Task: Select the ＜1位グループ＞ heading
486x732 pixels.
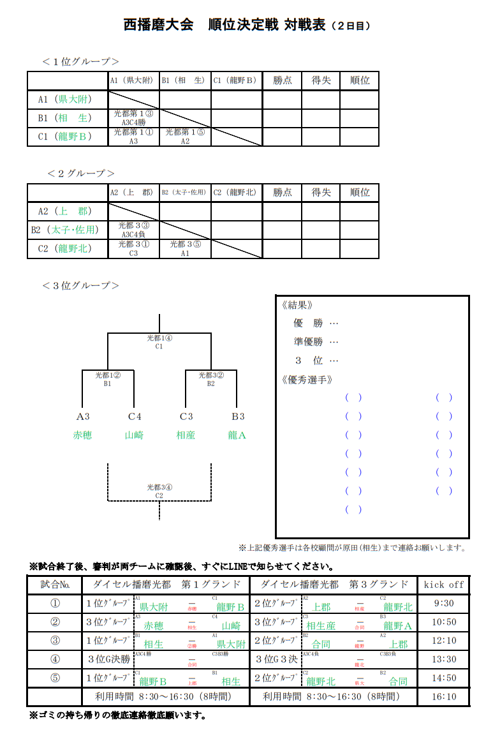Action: [81, 61]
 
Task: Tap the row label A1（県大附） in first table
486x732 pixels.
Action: [64, 100]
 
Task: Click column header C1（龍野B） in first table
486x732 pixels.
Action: [235, 81]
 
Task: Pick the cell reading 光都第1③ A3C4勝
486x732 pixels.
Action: [133, 118]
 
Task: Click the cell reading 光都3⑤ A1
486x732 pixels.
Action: [185, 248]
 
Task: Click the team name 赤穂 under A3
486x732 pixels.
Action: [82, 436]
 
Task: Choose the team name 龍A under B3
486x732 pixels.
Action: [237, 436]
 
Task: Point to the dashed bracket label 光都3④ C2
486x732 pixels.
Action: [159, 491]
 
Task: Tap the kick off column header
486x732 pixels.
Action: [443, 585]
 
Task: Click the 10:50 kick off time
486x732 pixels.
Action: [443, 622]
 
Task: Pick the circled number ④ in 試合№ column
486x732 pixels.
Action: [55, 659]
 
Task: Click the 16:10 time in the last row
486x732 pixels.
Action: [443, 697]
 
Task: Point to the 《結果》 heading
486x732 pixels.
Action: [297, 305]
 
